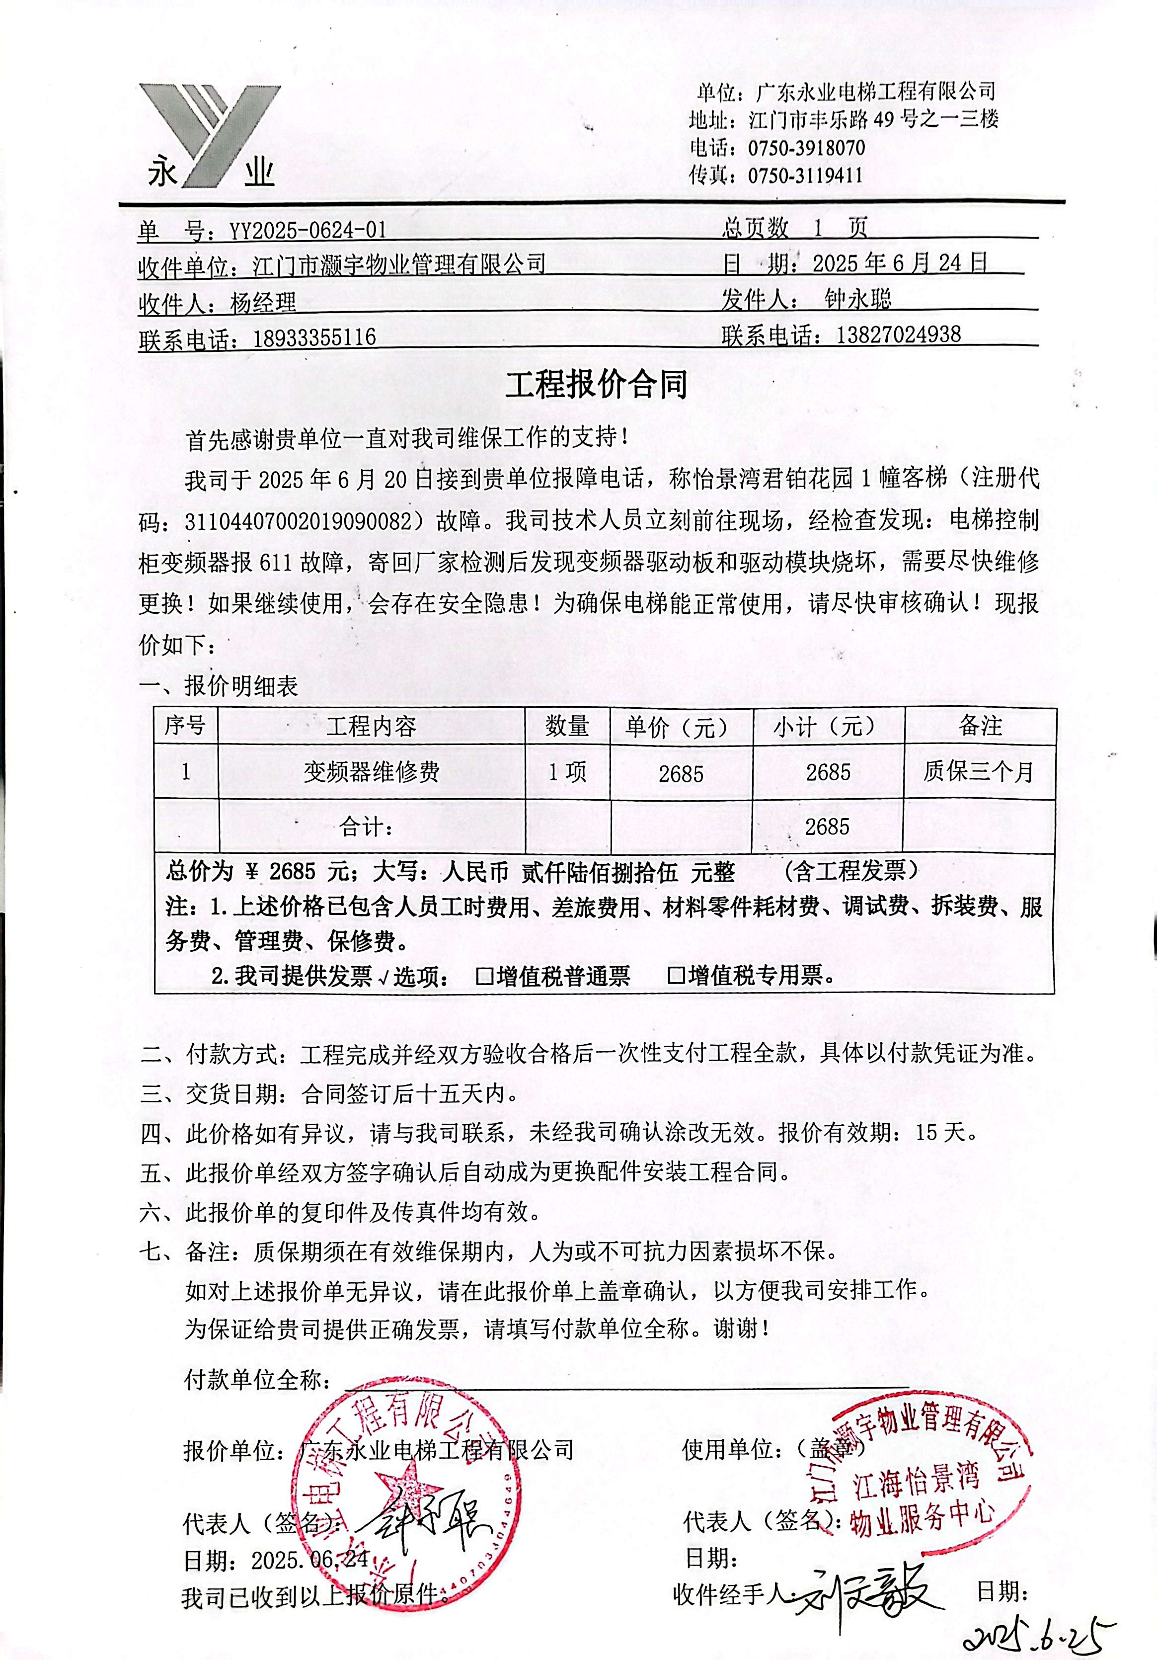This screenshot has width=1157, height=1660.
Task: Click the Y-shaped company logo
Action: [x=210, y=136]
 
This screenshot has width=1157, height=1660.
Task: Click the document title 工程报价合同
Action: [x=596, y=385]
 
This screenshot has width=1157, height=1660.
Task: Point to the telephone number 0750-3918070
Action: [x=806, y=148]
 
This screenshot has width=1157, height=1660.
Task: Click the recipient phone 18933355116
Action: [x=314, y=337]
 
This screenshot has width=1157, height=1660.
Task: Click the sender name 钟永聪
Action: [x=858, y=299]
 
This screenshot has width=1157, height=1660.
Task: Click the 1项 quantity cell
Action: [x=566, y=773]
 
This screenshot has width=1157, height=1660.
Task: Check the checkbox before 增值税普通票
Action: [x=484, y=977]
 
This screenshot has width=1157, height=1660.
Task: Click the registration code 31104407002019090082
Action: [x=304, y=521]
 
